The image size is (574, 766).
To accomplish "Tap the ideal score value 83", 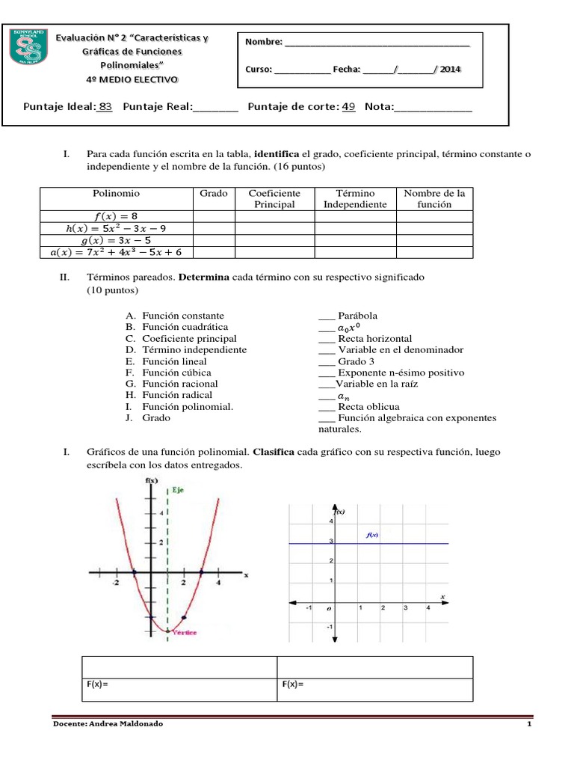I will pyautogui.click(x=105, y=107).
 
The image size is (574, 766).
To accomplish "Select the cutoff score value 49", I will pyautogui.click(x=348, y=107).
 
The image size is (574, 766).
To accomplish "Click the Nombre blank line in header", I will pyautogui.click(x=377, y=43).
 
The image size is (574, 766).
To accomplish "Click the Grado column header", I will pyautogui.click(x=213, y=193).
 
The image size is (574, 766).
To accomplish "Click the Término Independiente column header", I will pyautogui.click(x=355, y=198).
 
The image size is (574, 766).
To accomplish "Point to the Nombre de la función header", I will pyautogui.click(x=434, y=198).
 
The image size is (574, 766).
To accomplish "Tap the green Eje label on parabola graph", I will pyautogui.click(x=178, y=491).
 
